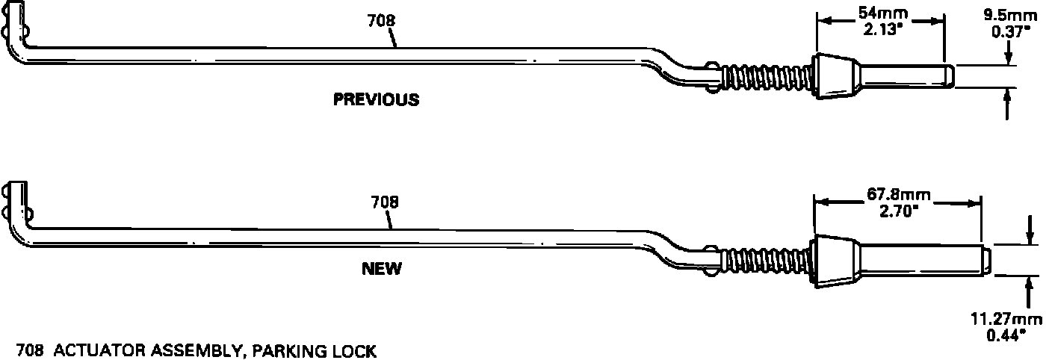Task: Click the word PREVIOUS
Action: (376, 99)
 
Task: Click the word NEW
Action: (381, 269)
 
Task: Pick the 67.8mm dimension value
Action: (898, 196)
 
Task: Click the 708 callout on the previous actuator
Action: (381, 22)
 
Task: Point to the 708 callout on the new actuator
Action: (384, 202)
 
